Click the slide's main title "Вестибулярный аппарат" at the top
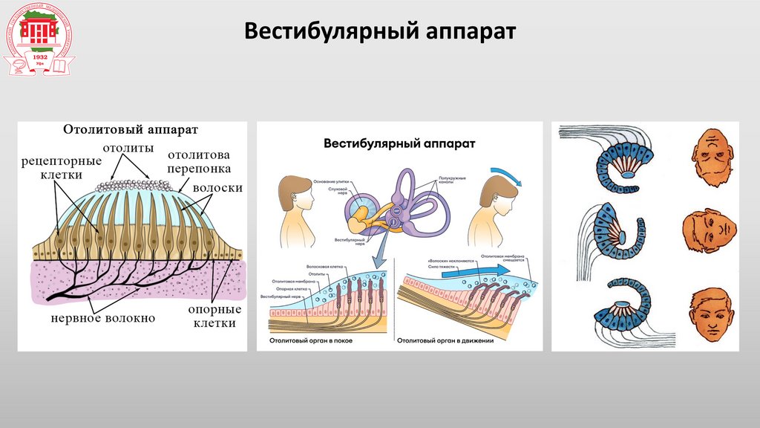(380, 33)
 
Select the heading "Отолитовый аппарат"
(130, 130)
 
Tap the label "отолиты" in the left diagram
(128, 149)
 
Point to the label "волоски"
(217, 187)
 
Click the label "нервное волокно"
(103, 318)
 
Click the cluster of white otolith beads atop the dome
(135, 183)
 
